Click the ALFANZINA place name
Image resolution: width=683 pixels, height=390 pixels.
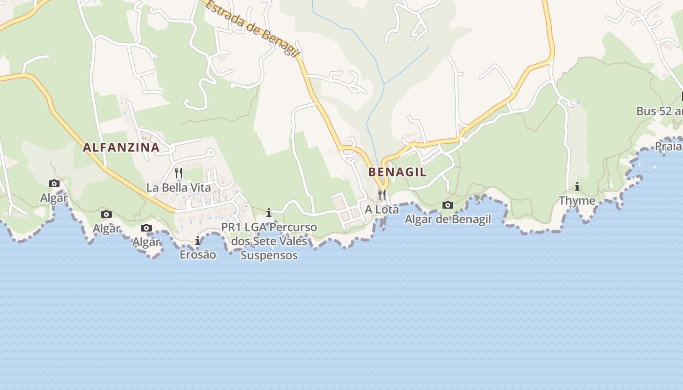(121, 147)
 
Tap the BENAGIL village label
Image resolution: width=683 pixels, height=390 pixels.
(397, 172)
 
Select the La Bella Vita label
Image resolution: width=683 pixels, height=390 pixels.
(179, 188)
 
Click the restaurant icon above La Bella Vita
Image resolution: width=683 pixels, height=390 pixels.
(179, 173)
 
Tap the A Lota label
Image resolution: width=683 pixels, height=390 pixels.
(382, 210)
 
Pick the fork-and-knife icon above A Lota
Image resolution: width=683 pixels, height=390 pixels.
(382, 195)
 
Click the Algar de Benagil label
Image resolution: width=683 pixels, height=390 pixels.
(448, 219)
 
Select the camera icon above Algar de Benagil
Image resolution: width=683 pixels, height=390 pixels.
(448, 205)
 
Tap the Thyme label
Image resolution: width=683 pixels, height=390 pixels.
(577, 200)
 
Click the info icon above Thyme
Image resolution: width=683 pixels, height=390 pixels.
(577, 186)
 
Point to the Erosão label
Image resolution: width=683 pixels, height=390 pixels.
(198, 254)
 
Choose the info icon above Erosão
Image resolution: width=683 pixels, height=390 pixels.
(198, 240)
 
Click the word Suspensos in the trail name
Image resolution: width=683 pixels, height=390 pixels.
(269, 255)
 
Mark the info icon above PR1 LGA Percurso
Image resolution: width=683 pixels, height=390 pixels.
(269, 213)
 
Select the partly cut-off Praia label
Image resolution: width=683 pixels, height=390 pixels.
(668, 146)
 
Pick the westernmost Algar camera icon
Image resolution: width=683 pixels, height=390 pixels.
(54, 184)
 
